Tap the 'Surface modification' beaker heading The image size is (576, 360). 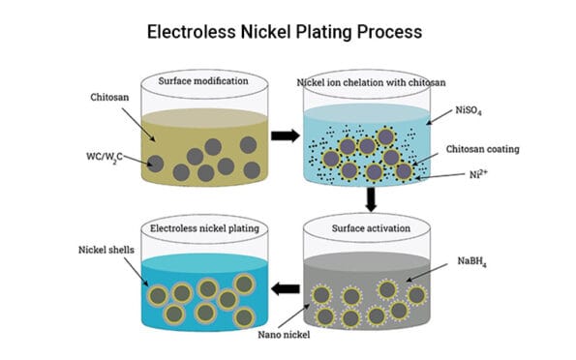point(201,81)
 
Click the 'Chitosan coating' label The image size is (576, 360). point(482,149)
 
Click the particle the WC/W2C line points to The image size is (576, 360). point(155,163)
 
